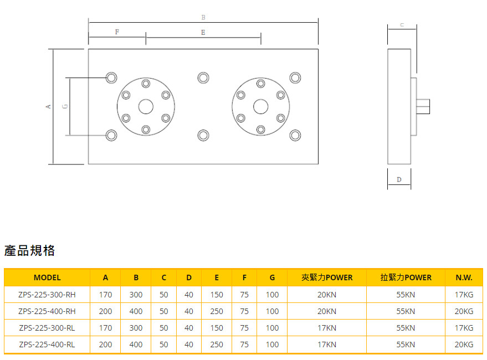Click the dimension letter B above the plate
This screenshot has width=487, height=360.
203,18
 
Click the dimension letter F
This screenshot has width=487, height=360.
117,32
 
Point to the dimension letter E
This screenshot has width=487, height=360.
203,33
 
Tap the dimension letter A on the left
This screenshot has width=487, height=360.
49,106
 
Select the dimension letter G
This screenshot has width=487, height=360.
65,106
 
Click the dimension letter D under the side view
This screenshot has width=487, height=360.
399,179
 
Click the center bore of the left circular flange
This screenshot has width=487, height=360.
146,106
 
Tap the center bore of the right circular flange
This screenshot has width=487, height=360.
260,106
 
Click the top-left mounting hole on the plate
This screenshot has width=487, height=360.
111,78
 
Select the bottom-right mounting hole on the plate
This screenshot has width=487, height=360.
296,135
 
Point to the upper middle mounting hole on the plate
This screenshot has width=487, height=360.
203,78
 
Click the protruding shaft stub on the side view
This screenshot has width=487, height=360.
423,106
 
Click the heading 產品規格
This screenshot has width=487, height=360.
30,250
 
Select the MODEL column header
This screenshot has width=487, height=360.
47,277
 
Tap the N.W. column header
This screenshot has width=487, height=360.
464,277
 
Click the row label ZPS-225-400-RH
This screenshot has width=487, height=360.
47,311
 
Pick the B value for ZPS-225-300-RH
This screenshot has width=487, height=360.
136,295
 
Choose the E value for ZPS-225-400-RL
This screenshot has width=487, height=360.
217,344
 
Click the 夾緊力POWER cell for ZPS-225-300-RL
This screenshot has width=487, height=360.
327,328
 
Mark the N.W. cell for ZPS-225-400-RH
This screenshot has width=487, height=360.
464,311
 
